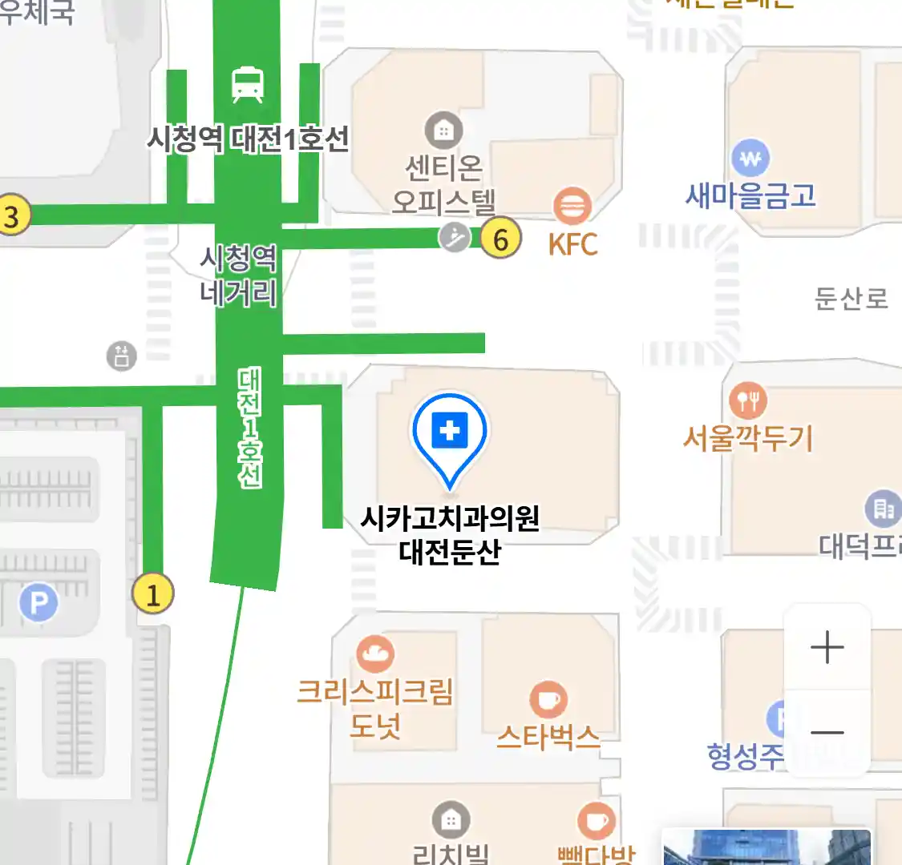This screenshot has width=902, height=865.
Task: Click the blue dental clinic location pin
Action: (x=450, y=433)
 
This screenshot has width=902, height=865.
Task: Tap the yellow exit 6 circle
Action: (x=501, y=239)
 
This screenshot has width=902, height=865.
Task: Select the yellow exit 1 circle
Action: (x=152, y=594)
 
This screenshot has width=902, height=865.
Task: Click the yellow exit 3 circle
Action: (x=11, y=216)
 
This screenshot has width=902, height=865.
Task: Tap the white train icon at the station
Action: (x=248, y=85)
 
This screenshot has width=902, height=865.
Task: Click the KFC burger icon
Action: (x=572, y=206)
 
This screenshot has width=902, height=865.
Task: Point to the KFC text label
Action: (x=572, y=244)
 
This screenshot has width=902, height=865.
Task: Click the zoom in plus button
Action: (x=827, y=647)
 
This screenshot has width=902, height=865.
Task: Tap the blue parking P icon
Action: (x=38, y=601)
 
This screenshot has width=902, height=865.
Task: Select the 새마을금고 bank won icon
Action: (x=750, y=159)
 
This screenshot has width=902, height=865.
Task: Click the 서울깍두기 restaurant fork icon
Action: (x=747, y=400)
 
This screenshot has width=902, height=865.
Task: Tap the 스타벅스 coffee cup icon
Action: (x=548, y=700)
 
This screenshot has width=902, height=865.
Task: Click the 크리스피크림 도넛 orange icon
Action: (x=374, y=654)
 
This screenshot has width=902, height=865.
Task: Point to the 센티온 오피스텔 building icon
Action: (x=443, y=130)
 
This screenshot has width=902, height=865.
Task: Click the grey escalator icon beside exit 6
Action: (x=455, y=237)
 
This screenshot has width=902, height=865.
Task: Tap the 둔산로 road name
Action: (x=851, y=299)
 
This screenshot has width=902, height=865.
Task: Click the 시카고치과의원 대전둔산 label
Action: (x=450, y=535)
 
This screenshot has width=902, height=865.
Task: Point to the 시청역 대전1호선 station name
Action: (x=248, y=139)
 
